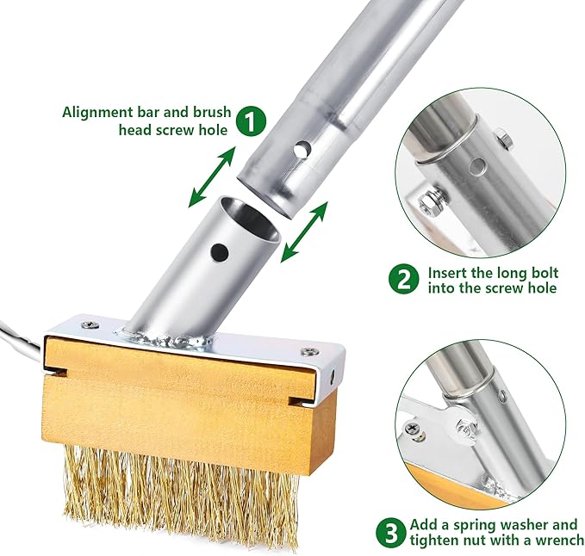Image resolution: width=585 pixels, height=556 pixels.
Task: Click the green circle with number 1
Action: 251,120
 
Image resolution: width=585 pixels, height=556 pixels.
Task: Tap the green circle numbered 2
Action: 403,279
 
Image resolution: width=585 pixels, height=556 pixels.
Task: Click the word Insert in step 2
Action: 449,271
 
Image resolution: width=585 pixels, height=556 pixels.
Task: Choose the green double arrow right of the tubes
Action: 305,231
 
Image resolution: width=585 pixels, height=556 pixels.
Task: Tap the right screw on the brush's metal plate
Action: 306,351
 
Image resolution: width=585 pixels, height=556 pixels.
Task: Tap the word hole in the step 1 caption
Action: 215,130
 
